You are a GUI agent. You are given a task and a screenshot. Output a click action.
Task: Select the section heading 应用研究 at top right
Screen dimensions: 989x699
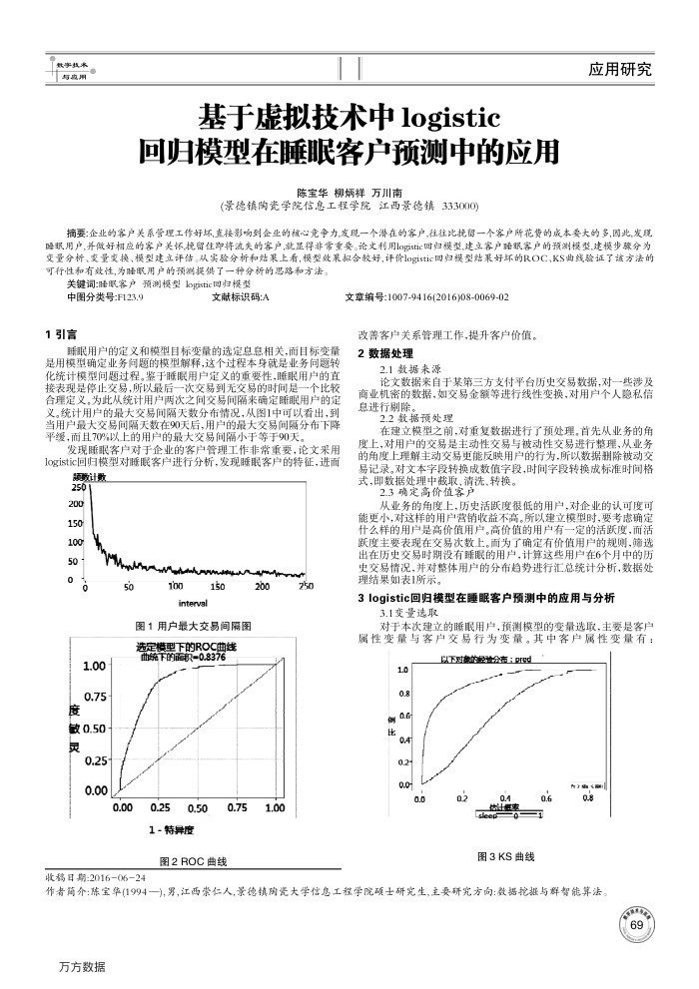(620, 69)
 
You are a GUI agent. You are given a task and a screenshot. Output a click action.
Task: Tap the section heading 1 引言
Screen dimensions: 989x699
(62, 335)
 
